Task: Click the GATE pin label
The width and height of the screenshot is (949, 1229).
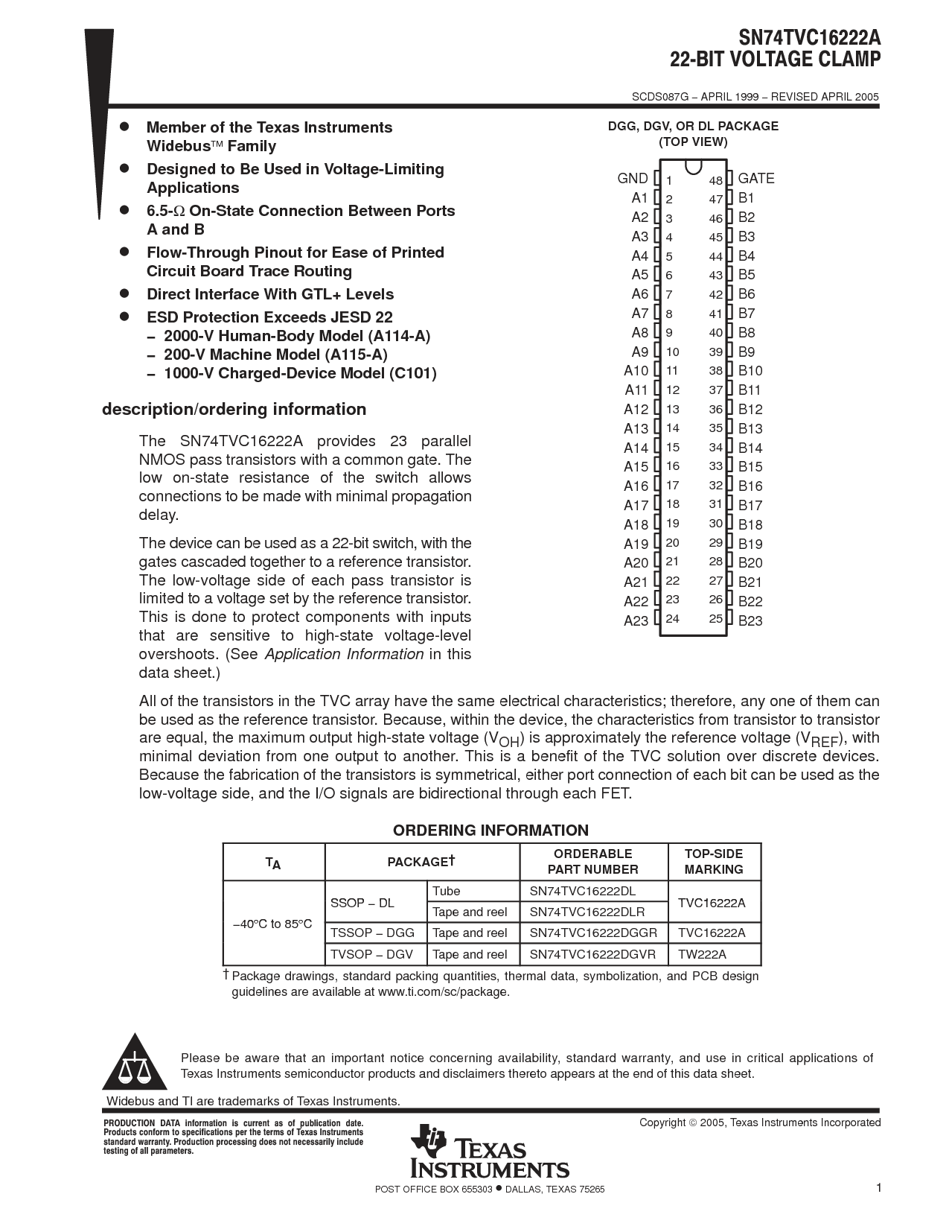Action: point(755,178)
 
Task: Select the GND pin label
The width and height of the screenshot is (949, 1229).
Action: point(633,178)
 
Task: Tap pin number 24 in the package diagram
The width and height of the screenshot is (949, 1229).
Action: point(672,618)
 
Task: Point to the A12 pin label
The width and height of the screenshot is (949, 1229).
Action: point(636,409)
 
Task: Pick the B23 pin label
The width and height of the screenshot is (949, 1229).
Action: point(750,620)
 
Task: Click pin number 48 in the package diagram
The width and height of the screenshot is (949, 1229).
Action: point(715,180)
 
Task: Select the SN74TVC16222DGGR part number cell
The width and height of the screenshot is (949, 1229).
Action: point(593,933)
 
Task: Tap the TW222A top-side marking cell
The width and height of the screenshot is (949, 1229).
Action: point(702,954)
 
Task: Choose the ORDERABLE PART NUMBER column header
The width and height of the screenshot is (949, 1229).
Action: point(593,862)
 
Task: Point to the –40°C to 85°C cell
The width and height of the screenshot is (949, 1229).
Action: point(273,924)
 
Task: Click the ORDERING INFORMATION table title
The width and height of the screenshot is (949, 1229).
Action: point(491,831)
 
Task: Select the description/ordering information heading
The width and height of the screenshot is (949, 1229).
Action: point(234,409)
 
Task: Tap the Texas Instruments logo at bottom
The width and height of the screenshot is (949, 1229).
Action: point(491,1152)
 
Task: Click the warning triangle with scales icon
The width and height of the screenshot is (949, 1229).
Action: point(135,1061)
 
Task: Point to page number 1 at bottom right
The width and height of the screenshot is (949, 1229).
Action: point(878,1188)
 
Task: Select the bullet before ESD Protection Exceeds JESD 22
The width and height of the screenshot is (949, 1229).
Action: point(125,316)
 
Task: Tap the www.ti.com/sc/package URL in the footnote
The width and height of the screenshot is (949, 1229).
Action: point(443,991)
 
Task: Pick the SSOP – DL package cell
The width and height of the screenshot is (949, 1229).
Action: point(362,903)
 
